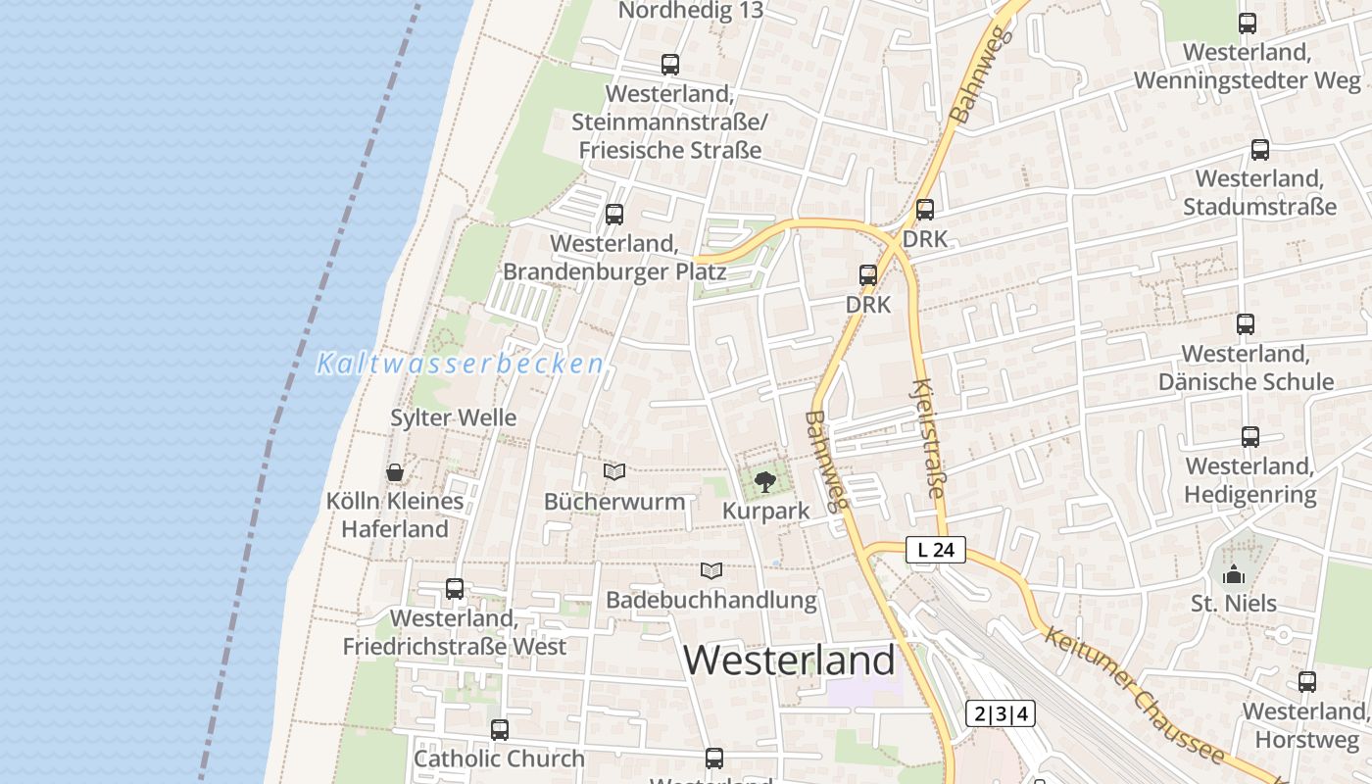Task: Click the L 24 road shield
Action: tap(936, 550)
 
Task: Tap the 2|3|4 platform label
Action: tap(1001, 713)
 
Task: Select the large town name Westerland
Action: tap(790, 661)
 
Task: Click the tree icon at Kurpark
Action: tap(765, 481)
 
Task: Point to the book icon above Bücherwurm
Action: tap(614, 472)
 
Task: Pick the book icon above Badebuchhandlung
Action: tap(711, 570)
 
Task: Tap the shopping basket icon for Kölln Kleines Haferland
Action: tap(395, 472)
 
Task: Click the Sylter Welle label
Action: tap(453, 417)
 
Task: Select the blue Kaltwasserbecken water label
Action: tap(460, 364)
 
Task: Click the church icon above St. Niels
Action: tap(1233, 574)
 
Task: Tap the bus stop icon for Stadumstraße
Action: tap(1260, 150)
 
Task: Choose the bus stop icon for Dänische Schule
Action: tap(1246, 323)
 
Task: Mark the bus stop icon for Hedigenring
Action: tap(1250, 437)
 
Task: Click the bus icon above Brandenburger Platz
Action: tap(614, 214)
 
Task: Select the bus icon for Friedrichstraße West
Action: tap(455, 589)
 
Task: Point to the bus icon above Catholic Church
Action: tap(500, 729)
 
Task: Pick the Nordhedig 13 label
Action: tap(691, 11)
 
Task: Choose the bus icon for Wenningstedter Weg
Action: tap(1248, 24)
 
